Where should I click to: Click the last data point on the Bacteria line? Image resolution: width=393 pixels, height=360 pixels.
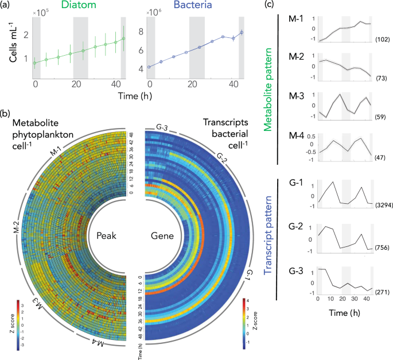pyautogui.click(x=242, y=32)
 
